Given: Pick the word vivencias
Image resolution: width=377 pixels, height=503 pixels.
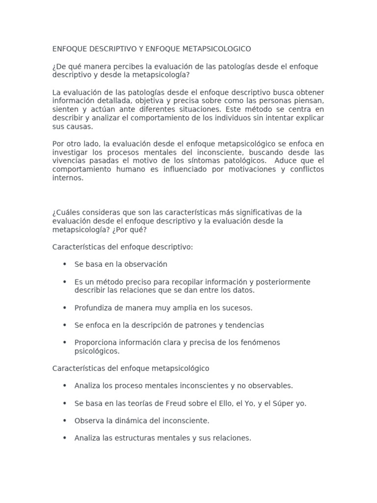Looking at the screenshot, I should coord(69,161).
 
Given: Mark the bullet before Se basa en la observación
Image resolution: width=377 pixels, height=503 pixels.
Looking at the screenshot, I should coord(64,264).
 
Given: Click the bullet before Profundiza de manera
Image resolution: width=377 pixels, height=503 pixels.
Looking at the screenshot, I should coord(64,307).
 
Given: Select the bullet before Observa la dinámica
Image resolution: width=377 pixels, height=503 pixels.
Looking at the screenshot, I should coord(64,420).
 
